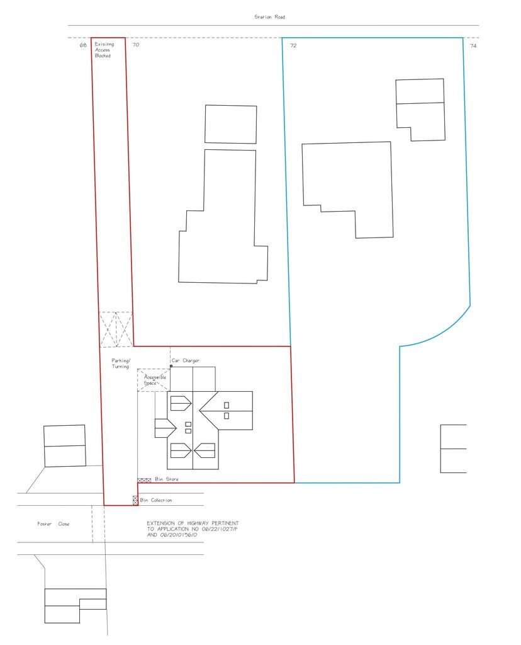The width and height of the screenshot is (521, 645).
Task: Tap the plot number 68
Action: tap(83, 45)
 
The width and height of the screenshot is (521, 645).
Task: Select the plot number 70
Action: tap(135, 45)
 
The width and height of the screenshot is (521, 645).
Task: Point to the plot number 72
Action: tap(293, 46)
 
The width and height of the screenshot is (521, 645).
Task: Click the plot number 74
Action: tap(473, 46)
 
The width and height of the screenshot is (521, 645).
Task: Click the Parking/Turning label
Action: tap(120, 363)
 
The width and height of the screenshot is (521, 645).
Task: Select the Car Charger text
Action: tap(186, 361)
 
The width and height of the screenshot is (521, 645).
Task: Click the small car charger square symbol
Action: tap(171, 365)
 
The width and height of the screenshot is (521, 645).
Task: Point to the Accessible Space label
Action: tap(155, 380)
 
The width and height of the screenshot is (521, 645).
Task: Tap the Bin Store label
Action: tap(167, 480)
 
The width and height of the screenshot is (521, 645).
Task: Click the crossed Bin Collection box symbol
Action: tap(135, 500)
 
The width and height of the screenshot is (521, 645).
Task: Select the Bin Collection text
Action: tap(156, 500)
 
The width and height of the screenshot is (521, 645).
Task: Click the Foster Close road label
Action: tap(53, 524)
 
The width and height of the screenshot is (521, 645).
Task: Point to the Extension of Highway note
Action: tap(193, 529)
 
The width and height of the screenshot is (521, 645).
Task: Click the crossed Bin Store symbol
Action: tap(144, 480)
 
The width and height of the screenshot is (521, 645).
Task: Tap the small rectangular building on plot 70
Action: tap(231, 124)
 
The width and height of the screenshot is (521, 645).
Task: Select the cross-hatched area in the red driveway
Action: tap(116, 329)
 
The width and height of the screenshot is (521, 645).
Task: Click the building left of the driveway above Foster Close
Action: tap(64, 445)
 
